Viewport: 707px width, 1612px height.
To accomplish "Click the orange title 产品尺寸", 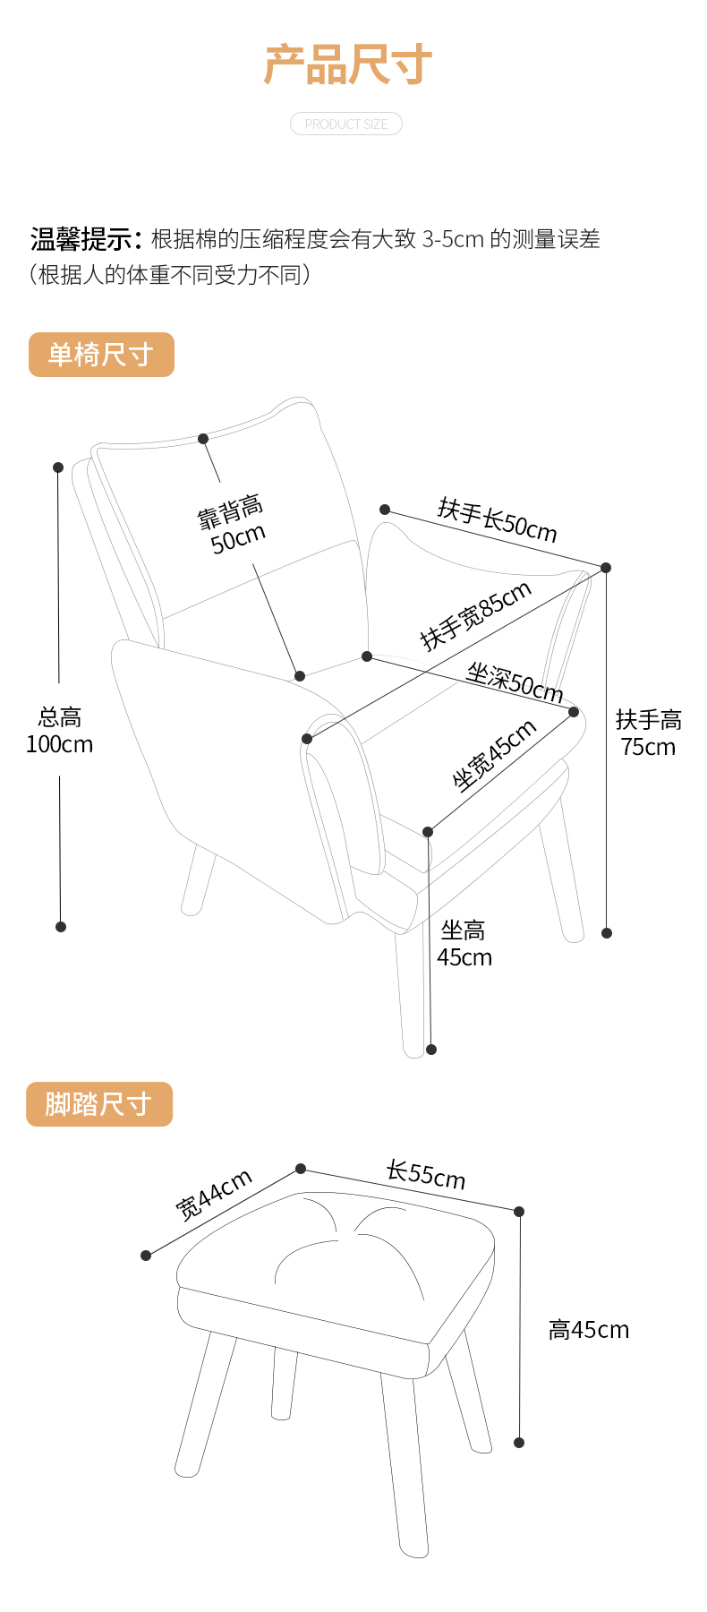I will coord(347,65).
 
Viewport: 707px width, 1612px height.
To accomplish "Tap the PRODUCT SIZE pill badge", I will coord(346,124).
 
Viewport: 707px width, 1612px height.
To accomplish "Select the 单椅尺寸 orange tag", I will coord(101,355).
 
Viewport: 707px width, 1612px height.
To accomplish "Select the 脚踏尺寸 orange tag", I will coord(98,1104).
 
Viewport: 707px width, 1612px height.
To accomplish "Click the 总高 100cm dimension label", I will coord(60,731).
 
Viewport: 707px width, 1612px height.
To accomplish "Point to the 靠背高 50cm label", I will coord(233,525).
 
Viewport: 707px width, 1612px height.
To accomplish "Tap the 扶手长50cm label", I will coord(498,519).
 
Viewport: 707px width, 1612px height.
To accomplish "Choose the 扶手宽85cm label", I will coord(476,614).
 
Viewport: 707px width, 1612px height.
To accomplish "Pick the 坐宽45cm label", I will coord(494,755).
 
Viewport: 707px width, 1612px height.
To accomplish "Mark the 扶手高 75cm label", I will coord(649,733).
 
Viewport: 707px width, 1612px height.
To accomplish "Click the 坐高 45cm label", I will coord(464,944).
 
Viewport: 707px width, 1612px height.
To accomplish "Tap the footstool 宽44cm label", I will coord(214,1194).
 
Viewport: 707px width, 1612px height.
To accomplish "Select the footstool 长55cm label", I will coord(426,1174).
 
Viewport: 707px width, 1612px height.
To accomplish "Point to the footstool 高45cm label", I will coord(588,1330).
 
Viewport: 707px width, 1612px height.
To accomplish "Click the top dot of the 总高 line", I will coord(58,467).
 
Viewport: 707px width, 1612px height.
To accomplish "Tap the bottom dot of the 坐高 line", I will coord(431,1050).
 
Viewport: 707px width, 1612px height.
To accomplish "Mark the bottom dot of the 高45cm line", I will coord(519,1443).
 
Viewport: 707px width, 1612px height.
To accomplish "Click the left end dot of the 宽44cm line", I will coord(146,1256).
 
